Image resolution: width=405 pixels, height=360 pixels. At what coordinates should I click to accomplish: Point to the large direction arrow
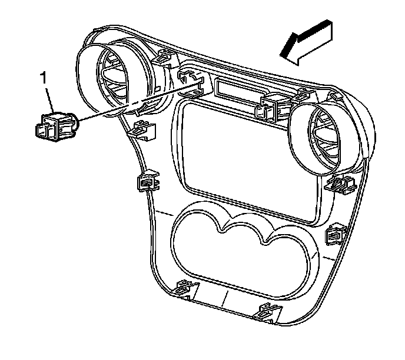[x=307, y=41]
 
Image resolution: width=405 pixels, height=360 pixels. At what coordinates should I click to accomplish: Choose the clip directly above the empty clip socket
[x=164, y=56]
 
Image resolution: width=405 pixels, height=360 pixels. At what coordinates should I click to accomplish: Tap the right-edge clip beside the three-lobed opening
[x=336, y=236]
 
